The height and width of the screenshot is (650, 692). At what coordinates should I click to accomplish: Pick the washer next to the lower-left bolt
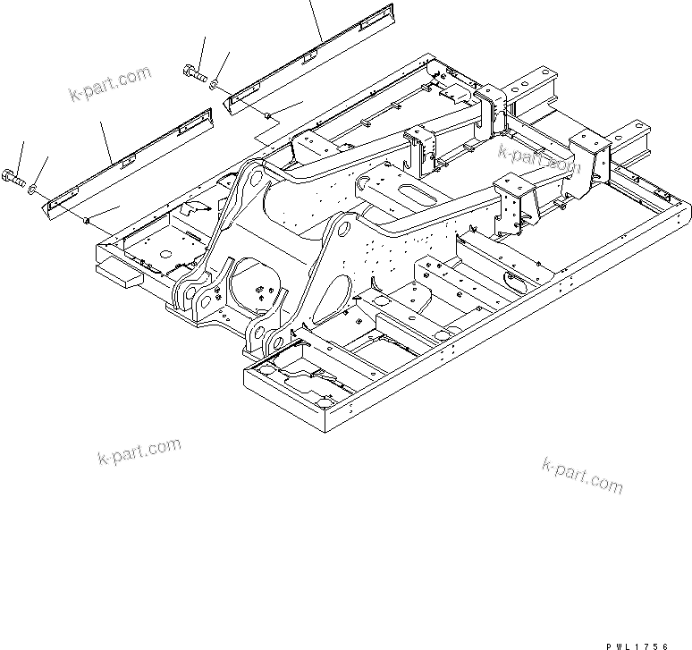[x=32, y=189]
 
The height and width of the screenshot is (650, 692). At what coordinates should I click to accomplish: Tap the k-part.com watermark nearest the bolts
[x=110, y=83]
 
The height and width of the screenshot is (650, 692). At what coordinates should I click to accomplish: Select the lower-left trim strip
[x=125, y=161]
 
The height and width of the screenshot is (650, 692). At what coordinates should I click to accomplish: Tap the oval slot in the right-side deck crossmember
[x=519, y=282]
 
